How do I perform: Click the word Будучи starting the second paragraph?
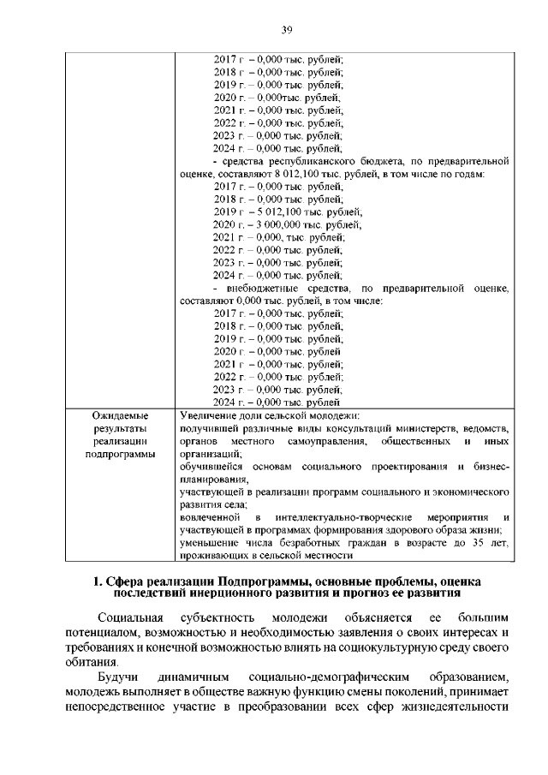point(117,677)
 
